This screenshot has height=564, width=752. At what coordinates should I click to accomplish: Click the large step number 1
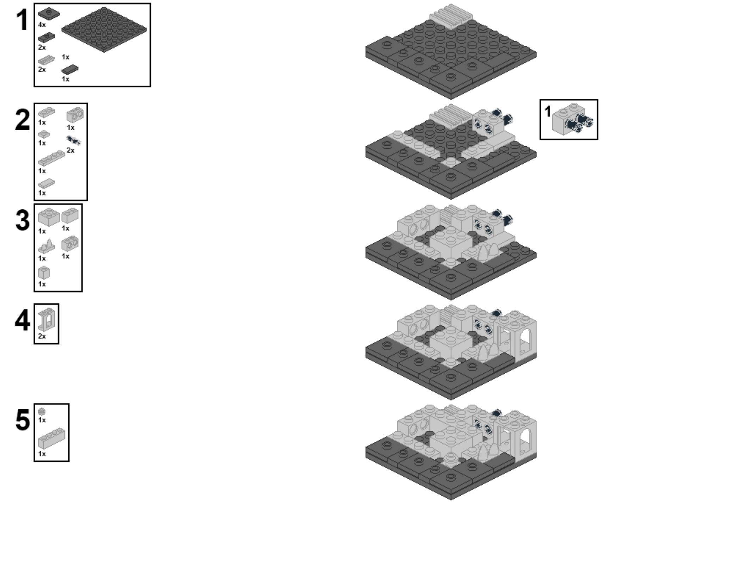tap(22, 20)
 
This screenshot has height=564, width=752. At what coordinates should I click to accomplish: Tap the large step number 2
tap(23, 120)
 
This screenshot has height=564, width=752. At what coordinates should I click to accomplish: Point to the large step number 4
tap(22, 320)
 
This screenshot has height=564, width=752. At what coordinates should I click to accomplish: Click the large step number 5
tap(23, 420)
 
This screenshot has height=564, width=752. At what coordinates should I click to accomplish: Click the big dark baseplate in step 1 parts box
tap(104, 30)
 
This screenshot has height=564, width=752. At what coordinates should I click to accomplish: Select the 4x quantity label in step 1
tap(42, 25)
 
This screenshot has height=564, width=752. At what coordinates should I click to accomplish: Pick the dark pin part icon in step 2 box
tap(74, 141)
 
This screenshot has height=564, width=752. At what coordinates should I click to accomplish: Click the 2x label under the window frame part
tap(42, 336)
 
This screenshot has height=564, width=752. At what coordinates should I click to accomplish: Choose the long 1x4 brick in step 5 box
tap(51, 438)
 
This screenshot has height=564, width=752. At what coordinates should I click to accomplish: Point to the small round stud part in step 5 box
tap(42, 411)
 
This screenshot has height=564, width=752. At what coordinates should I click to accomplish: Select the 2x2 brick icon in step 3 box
tap(49, 217)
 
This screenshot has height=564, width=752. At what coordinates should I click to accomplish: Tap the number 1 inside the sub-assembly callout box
tap(547, 111)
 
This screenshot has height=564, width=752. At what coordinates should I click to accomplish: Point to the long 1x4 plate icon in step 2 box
tap(51, 158)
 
